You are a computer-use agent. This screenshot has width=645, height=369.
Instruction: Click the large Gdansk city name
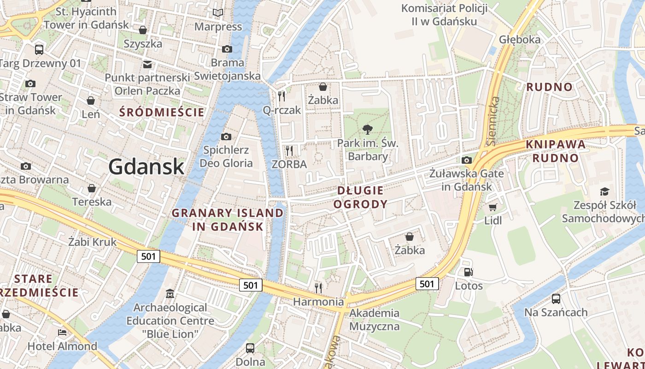[x=147, y=167]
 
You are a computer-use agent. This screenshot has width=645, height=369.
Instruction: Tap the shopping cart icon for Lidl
[x=493, y=208]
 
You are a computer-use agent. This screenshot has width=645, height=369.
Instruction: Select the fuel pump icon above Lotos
[x=469, y=273]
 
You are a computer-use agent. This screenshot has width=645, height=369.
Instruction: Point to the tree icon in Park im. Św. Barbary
[x=367, y=130]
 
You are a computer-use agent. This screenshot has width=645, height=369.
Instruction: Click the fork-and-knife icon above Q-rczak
[x=281, y=96]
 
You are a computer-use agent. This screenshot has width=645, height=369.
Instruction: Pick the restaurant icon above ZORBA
[x=289, y=150]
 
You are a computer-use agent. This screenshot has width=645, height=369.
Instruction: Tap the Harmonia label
[x=319, y=302]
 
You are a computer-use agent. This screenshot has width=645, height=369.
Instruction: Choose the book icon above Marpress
[x=218, y=13]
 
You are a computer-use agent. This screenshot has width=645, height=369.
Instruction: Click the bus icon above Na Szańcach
[x=556, y=299]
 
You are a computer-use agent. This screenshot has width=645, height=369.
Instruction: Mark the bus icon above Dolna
[x=250, y=348]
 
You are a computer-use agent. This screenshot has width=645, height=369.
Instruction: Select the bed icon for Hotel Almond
[x=62, y=333]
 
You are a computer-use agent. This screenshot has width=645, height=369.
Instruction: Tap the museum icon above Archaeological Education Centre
[x=170, y=294]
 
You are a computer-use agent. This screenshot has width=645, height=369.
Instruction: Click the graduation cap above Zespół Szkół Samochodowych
[x=604, y=191]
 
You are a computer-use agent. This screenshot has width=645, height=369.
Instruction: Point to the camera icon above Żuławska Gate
[x=467, y=160]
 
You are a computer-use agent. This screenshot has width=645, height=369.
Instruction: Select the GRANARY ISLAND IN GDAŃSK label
[x=228, y=220]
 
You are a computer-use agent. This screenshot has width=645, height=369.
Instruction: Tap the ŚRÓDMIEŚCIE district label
[x=162, y=112]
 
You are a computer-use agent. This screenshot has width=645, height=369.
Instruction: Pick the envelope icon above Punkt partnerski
[x=147, y=64]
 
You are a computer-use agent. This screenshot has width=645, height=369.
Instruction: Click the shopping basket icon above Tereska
[x=92, y=188]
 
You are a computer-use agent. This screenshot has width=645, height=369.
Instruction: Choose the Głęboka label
[x=519, y=40]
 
